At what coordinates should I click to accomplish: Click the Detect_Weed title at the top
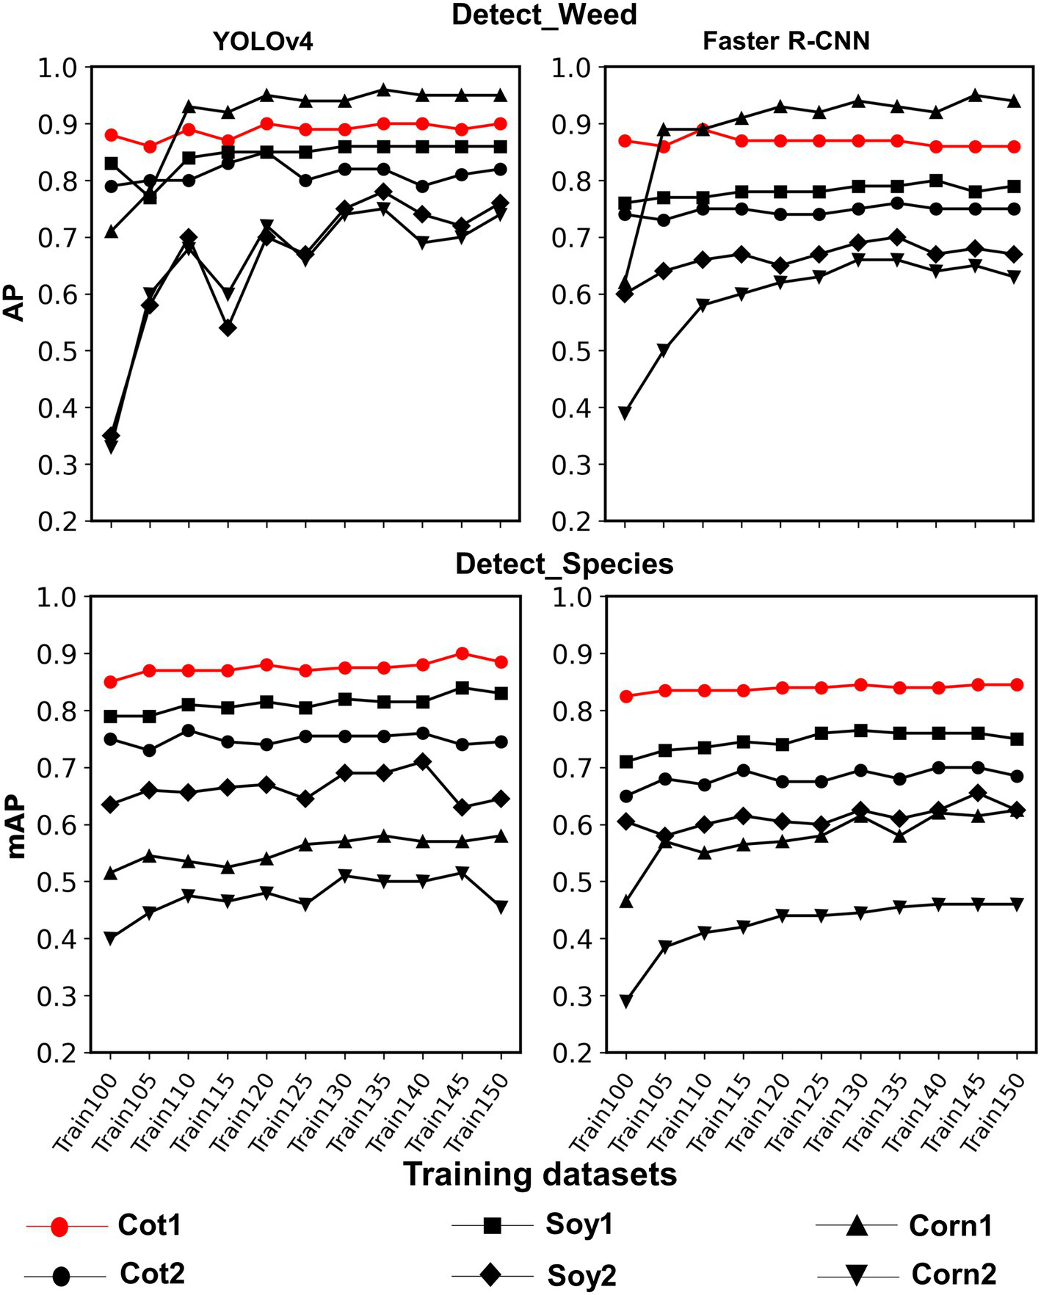(544, 15)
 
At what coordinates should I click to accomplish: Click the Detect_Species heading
(564, 564)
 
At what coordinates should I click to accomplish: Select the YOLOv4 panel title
(263, 42)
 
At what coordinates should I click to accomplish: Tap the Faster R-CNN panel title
(786, 41)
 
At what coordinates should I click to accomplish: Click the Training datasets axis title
(540, 1175)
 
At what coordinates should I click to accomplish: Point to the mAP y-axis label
(16, 824)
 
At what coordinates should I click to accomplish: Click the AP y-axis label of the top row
(15, 294)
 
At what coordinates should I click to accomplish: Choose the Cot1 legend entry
(149, 1225)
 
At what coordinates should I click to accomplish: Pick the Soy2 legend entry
(581, 1276)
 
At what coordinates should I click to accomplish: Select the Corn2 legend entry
(954, 1274)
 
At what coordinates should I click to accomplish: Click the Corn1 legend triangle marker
(857, 1225)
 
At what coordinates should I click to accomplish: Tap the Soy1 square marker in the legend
(492, 1225)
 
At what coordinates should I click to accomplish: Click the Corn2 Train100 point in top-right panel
(625, 413)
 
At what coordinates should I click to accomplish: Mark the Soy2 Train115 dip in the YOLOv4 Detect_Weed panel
(228, 328)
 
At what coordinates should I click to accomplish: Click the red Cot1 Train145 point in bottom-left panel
(462, 653)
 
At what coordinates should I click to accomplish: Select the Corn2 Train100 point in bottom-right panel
(625, 1001)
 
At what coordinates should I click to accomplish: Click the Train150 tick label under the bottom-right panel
(995, 1109)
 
